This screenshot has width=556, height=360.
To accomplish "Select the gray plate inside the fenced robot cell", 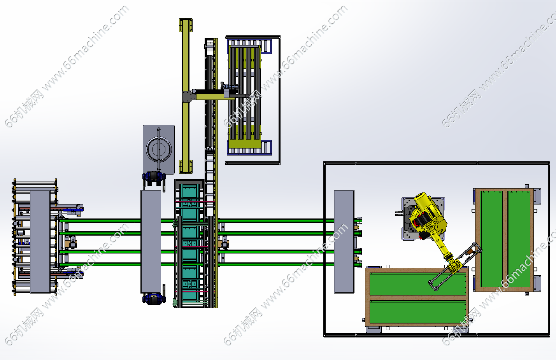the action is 344,241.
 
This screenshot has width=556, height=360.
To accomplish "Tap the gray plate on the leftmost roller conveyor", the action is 40,241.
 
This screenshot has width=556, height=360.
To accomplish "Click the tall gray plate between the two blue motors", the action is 151,241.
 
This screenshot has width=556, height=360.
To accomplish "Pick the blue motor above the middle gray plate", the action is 154,177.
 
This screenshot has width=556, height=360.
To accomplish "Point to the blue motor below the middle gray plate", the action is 154,299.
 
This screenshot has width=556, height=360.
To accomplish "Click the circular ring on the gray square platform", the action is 159,149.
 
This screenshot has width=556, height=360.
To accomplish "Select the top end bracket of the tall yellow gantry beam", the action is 186,25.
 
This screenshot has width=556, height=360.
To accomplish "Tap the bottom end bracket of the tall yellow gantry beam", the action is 186,167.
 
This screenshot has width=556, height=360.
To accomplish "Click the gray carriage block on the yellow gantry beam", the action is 188,96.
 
